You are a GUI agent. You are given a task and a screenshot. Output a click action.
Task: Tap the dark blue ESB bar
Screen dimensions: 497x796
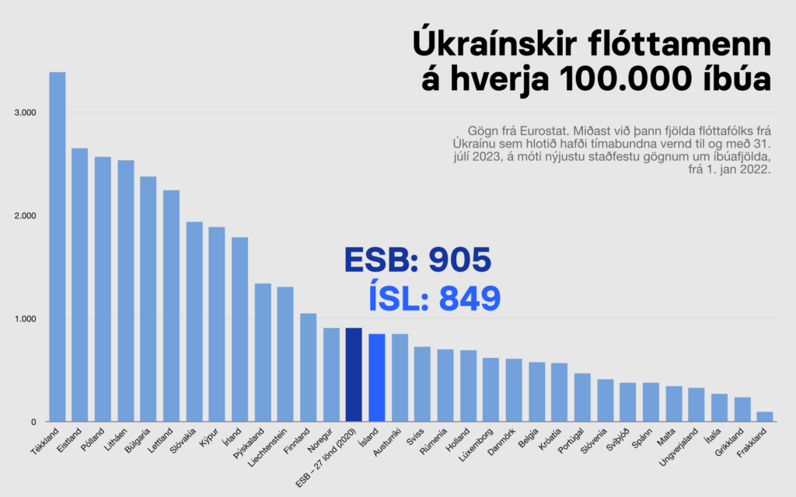(354, 375)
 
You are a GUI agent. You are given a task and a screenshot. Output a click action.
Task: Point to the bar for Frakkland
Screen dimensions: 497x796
(765, 417)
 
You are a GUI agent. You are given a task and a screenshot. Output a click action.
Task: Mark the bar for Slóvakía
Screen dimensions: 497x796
(194, 322)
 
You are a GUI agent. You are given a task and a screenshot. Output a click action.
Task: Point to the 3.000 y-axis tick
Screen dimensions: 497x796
(26, 113)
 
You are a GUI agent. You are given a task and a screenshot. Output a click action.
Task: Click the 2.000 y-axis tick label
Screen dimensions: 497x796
(26, 216)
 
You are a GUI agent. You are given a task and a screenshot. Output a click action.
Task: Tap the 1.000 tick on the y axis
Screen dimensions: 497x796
(26, 319)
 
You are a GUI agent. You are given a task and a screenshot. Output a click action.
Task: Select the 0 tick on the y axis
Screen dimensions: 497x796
(33, 422)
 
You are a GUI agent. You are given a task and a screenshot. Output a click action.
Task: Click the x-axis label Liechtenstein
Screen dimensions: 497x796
(269, 451)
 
